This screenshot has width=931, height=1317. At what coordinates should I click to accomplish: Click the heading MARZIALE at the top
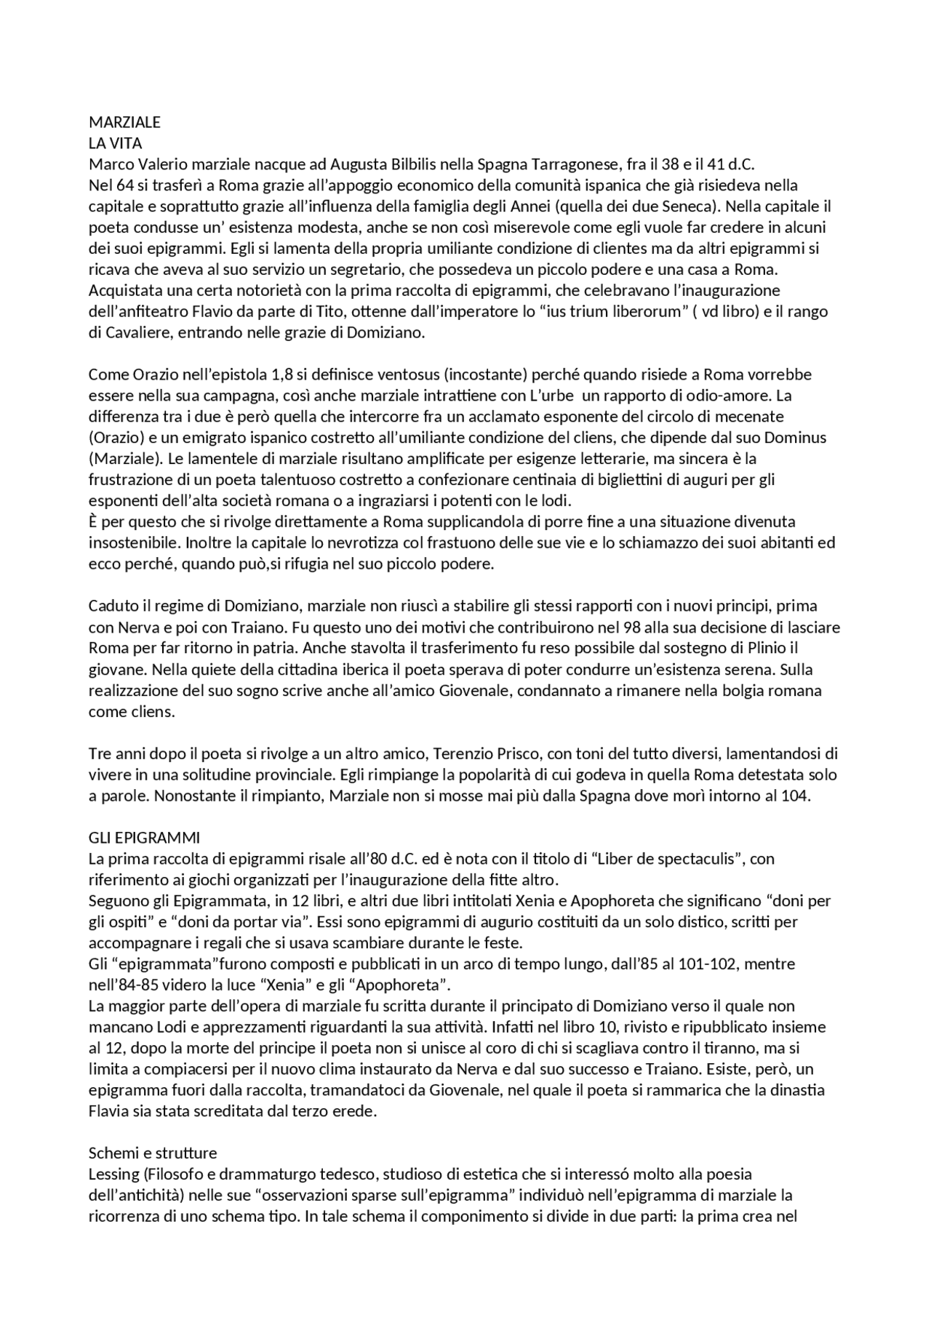(124, 122)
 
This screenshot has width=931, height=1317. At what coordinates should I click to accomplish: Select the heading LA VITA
(115, 143)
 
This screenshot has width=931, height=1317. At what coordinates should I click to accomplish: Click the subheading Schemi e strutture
(153, 1153)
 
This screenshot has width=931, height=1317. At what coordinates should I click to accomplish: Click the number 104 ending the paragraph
(794, 796)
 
